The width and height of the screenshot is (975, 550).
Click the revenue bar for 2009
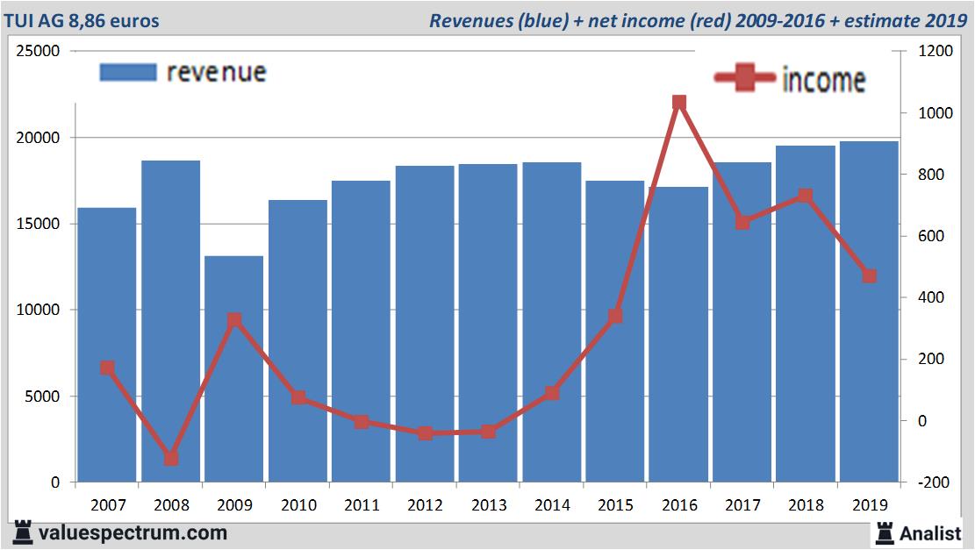(x=233, y=368)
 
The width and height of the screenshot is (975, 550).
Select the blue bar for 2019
(x=869, y=311)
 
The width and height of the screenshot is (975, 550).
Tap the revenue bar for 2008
(x=170, y=321)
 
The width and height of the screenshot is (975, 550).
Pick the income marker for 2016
(x=678, y=103)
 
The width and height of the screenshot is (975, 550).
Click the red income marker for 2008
(x=170, y=458)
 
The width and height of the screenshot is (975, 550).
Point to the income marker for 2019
(x=869, y=275)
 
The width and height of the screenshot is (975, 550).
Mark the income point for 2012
(x=425, y=433)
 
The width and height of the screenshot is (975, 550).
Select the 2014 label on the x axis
(x=551, y=505)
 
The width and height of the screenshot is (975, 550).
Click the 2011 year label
(x=361, y=505)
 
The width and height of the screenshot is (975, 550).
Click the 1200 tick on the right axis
(x=934, y=52)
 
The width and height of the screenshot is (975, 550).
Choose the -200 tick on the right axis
(x=934, y=482)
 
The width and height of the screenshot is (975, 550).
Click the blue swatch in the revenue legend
(x=128, y=72)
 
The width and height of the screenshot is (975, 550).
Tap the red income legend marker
(x=744, y=79)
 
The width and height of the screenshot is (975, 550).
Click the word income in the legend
(x=823, y=80)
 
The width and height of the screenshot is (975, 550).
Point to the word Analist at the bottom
(x=931, y=533)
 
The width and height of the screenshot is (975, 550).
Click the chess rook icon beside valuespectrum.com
(x=23, y=532)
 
